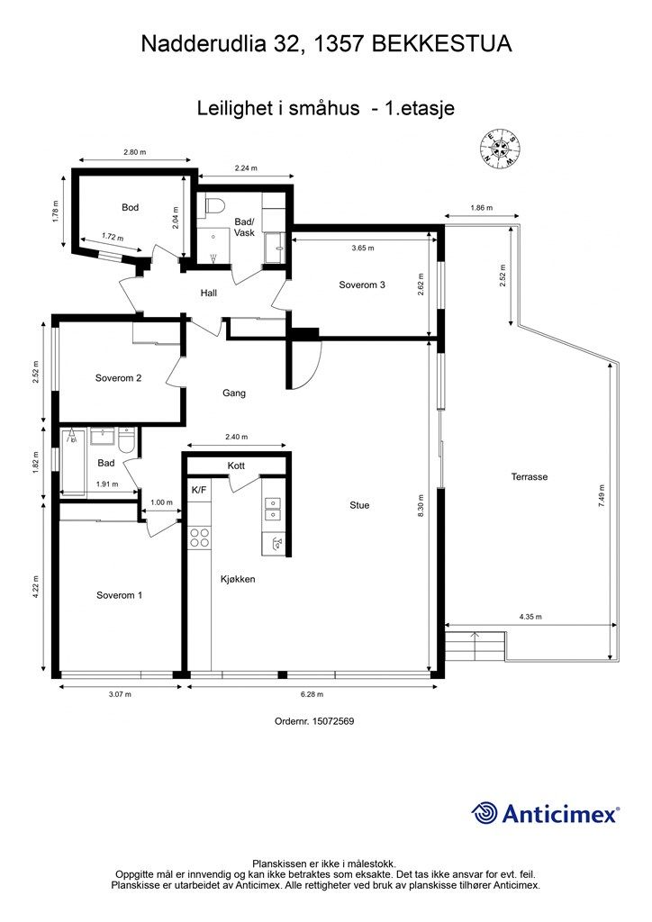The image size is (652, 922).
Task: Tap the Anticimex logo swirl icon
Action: [x=484, y=814]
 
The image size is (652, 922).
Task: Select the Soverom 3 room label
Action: [x=362, y=285]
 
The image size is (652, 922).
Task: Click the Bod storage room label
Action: [x=130, y=208]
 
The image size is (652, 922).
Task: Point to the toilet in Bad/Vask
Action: [x=214, y=206]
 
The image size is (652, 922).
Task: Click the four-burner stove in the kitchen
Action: [x=199, y=538]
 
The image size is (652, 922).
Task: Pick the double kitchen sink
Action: [x=273, y=510]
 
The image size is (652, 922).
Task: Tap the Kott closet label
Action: [x=236, y=466]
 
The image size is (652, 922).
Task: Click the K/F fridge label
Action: [x=199, y=489]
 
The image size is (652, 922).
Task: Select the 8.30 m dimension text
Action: [x=421, y=505]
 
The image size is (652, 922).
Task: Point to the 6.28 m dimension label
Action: [x=312, y=694]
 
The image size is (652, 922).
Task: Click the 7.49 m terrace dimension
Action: [x=601, y=496]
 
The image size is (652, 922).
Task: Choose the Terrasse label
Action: [x=530, y=477]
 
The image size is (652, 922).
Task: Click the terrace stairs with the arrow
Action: [x=475, y=646]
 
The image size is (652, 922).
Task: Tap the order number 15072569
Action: [x=333, y=721]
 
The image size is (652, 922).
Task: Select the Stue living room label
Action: [x=359, y=505]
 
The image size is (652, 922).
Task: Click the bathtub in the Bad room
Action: [x=74, y=462]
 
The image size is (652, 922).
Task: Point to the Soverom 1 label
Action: [x=120, y=596]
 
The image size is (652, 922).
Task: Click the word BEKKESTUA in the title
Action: [x=442, y=44]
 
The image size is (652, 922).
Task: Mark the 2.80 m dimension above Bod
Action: [x=135, y=152]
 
